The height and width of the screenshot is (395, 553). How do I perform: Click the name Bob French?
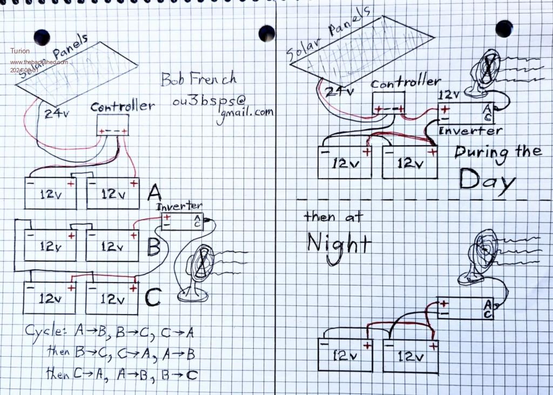[x=198, y=79]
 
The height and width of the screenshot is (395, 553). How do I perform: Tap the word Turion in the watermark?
[x=20, y=51]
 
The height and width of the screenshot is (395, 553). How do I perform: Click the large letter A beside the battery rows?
[x=154, y=192]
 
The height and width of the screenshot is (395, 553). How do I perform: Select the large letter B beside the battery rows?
[x=154, y=247]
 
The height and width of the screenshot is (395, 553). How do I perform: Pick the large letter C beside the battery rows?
[x=153, y=297]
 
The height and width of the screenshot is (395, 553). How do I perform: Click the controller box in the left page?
[x=112, y=125]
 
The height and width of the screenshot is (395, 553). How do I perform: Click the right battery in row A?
[x=113, y=194]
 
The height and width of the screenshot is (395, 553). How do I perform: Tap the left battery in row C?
[x=49, y=298]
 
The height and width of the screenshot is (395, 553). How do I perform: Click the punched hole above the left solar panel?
[x=42, y=37]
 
